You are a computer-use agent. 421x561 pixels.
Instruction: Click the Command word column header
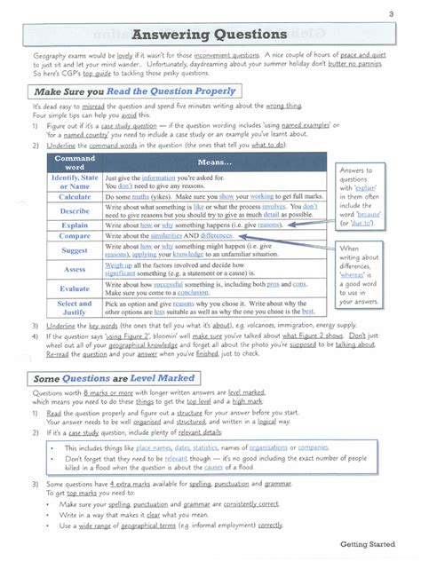[75, 162]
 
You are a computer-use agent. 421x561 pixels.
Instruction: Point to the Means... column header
[210, 163]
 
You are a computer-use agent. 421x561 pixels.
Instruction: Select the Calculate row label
[75, 197]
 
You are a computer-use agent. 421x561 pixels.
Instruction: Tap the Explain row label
[75, 225]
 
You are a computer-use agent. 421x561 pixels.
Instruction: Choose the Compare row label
[75, 236]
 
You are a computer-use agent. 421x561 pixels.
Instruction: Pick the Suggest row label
[75, 251]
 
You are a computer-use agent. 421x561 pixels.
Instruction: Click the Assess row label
[75, 269]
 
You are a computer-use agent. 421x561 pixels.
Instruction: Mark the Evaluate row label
[75, 288]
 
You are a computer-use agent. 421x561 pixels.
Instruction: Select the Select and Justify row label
[75, 308]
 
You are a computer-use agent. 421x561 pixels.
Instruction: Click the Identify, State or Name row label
[75, 182]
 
